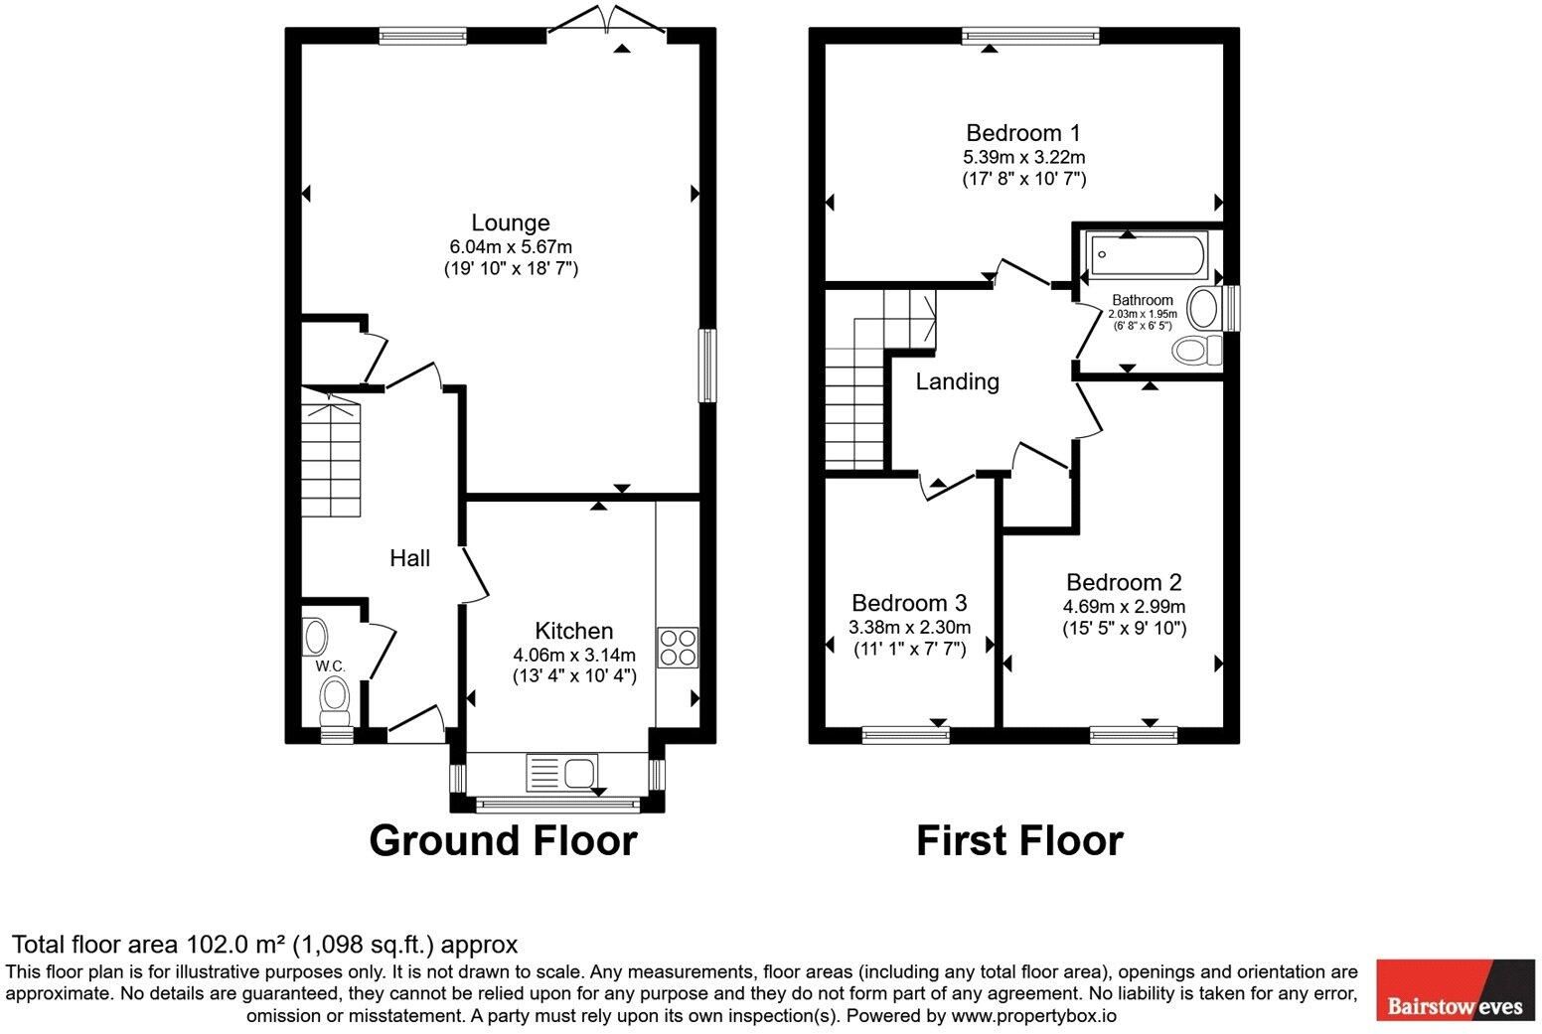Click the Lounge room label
tap(510, 222)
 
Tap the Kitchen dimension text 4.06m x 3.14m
tap(574, 655)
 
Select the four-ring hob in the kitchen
tap(678, 647)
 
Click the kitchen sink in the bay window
tap(561, 772)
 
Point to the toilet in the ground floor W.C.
tap(335, 700)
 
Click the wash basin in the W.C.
tap(315, 637)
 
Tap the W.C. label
tap(331, 665)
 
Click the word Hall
tap(409, 557)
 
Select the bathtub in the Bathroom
tap(1147, 254)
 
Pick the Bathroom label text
tap(1143, 300)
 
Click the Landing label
tap(957, 381)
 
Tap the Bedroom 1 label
tap(1023, 132)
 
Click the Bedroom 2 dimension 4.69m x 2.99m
tap(1124, 607)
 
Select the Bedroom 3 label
tap(909, 603)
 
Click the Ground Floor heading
tap(503, 840)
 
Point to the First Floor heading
tap(1019, 840)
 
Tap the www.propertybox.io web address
tap(1034, 1016)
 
